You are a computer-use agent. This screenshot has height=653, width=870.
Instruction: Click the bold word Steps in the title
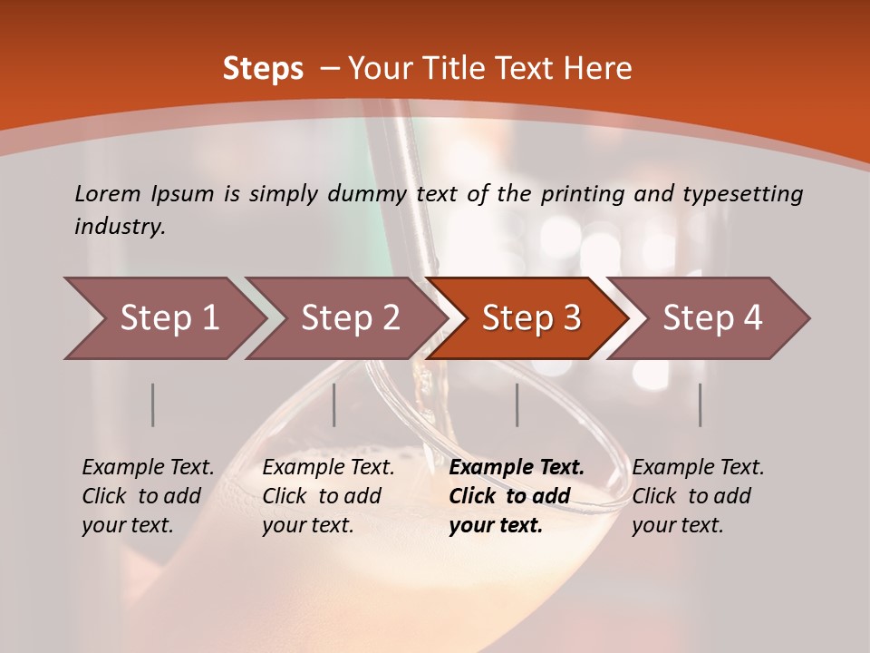tap(263, 68)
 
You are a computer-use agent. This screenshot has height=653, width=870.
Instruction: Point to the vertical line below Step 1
tap(152, 404)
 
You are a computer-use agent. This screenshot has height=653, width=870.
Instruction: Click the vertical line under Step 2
tap(334, 404)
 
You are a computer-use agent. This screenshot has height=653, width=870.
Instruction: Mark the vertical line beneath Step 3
tap(517, 404)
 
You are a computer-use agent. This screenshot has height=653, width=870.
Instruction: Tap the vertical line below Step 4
tap(700, 404)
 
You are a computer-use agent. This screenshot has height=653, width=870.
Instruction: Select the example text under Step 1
tap(148, 496)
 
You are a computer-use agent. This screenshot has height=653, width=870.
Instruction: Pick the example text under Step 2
tap(328, 496)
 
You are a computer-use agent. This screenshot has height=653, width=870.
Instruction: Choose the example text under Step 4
tap(698, 496)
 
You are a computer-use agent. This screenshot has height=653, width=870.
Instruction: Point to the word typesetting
tap(742, 193)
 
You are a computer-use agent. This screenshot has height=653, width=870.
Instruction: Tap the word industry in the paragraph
tap(120, 227)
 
